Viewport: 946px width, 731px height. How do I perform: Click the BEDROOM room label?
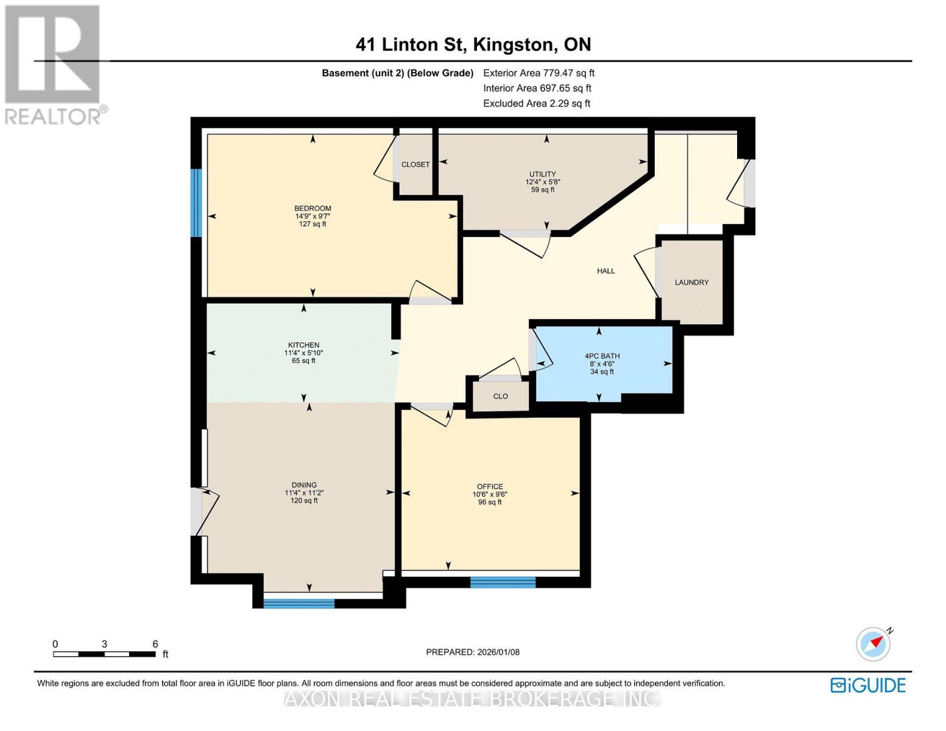(312, 208)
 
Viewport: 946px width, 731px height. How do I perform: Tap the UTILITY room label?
(542, 174)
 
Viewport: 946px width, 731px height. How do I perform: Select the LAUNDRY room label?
(691, 282)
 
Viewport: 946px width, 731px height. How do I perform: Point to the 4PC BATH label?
(602, 356)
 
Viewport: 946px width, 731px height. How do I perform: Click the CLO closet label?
(500, 396)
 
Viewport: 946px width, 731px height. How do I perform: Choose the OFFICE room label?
(490, 486)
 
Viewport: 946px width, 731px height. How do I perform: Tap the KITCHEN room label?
(303, 345)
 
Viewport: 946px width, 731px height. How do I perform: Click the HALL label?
(605, 271)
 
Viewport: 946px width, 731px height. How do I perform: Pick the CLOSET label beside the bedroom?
(415, 164)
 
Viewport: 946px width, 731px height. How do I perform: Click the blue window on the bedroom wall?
(197, 203)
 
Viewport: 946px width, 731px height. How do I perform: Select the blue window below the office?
(503, 582)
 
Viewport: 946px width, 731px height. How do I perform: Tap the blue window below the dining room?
(298, 603)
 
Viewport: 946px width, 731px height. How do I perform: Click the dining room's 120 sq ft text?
(304, 501)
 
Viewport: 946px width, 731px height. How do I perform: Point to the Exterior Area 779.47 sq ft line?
(538, 73)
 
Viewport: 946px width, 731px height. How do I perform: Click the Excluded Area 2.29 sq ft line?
(536, 104)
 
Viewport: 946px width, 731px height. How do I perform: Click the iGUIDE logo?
(867, 685)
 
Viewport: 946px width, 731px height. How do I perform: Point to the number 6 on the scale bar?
(155, 643)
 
